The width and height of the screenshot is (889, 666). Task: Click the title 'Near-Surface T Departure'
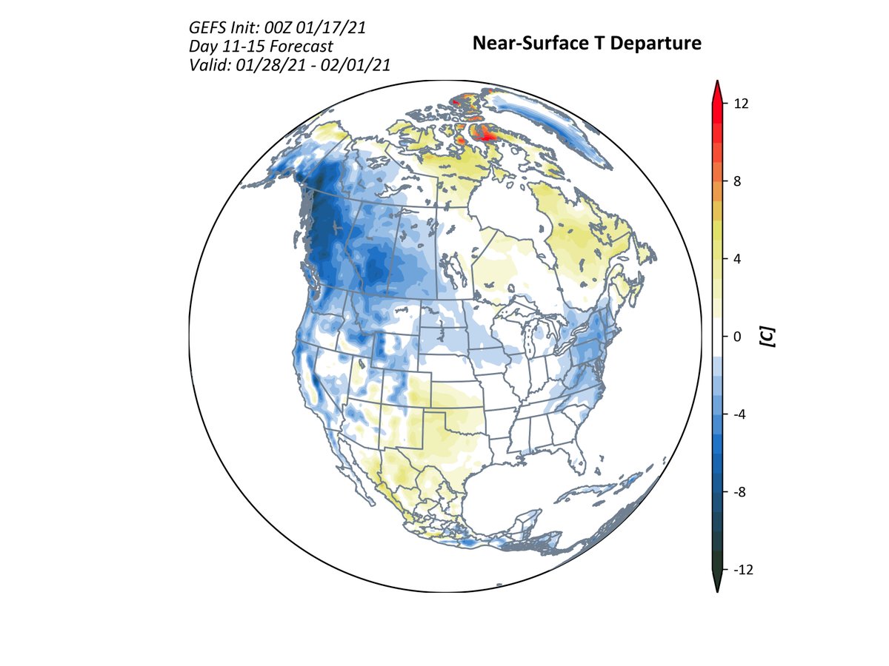click(x=587, y=44)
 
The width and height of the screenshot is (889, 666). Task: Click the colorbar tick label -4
click(x=738, y=414)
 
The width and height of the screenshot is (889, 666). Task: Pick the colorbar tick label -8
click(x=738, y=492)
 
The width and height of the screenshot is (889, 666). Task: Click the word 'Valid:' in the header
click(x=210, y=66)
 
